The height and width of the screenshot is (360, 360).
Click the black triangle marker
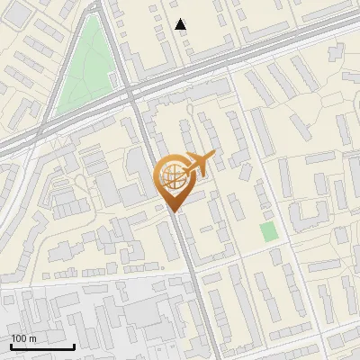coord(181,24)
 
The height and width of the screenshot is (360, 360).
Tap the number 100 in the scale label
coord(20,338)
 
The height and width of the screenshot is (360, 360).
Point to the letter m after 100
coord(32,338)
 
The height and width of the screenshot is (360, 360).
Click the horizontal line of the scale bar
coord(42,346)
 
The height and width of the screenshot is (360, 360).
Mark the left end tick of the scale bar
coord(11,345)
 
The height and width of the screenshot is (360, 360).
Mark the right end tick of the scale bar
coord(74,345)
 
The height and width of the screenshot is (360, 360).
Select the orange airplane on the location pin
coord(197,164)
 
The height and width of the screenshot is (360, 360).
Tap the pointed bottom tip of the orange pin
coord(176,213)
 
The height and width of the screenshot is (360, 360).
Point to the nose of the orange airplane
coord(214,155)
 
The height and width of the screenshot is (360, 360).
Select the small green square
coord(268,231)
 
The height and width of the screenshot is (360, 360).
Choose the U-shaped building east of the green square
coord(305,216)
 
